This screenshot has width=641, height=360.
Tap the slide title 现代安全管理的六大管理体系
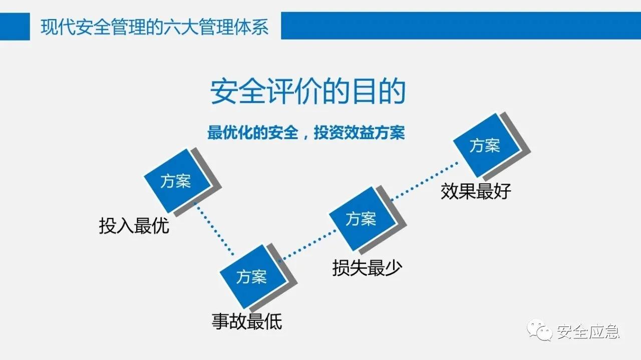(x=154, y=27)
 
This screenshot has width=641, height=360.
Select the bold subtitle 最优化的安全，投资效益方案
(x=306, y=134)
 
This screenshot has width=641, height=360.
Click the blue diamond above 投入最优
(x=176, y=181)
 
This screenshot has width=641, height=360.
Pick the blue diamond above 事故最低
(x=251, y=276)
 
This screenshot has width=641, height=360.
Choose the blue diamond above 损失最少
(x=361, y=218)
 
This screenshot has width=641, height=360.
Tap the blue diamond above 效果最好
(x=485, y=146)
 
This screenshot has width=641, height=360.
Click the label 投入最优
(x=134, y=226)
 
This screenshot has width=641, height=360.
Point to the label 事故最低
(x=247, y=321)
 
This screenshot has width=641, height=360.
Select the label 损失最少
(x=367, y=268)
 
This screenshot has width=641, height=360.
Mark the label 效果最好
(x=475, y=191)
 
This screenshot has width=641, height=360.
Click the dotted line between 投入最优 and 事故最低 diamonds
(x=214, y=230)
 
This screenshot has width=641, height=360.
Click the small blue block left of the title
(x=15, y=26)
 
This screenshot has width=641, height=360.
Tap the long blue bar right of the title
(x=461, y=26)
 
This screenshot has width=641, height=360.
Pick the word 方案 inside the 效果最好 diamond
(x=485, y=146)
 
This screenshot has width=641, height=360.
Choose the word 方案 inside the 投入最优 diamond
(x=176, y=181)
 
